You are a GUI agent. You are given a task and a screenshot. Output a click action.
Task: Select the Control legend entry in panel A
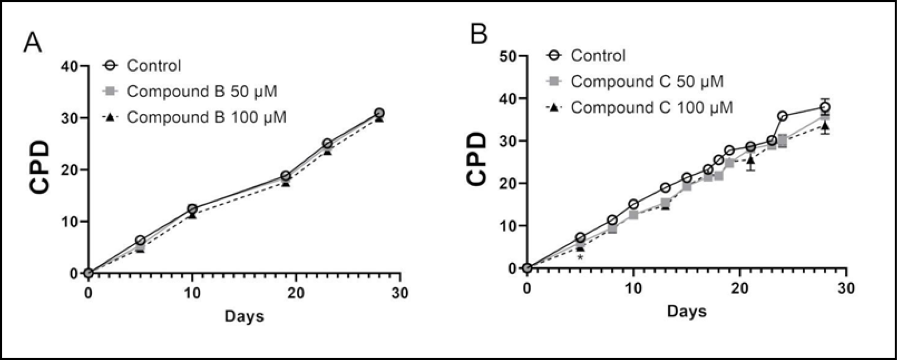coord(153,65)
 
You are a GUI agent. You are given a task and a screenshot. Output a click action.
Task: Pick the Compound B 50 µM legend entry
coord(202,91)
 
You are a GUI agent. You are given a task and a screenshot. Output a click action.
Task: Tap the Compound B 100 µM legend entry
coord(206,117)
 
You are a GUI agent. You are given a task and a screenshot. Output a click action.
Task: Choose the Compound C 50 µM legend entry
coord(647,81)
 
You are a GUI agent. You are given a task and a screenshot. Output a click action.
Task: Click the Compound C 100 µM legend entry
coord(651,107)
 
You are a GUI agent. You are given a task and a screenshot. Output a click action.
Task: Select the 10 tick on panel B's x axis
coord(633,288)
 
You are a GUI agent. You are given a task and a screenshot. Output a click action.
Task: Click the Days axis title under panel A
coord(244,317)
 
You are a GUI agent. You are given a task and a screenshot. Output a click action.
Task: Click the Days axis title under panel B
coord(687,312)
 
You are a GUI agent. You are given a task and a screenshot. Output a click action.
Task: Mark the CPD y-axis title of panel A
coord(39,169)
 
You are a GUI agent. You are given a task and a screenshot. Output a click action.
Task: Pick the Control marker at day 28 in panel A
coord(379,113)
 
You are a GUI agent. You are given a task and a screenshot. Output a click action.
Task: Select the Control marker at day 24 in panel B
coord(782,116)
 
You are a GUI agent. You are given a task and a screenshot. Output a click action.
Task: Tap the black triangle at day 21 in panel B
coord(751,160)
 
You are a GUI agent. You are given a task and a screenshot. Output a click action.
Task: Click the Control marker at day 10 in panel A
coord(192,209)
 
